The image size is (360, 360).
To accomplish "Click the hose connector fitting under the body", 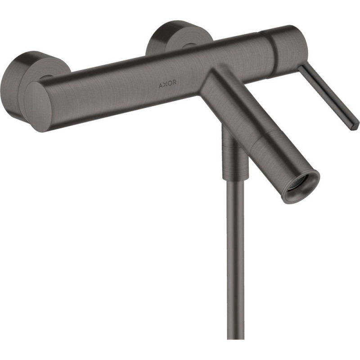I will tap(234, 153).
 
